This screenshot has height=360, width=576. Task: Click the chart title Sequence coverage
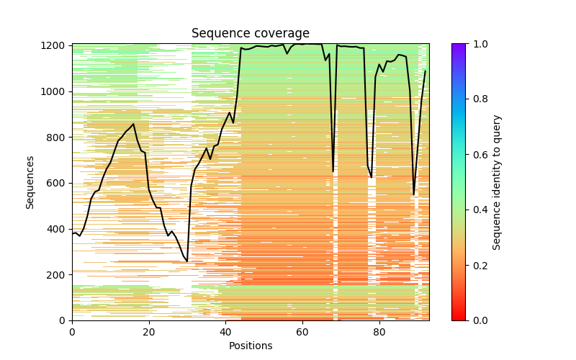click(250, 34)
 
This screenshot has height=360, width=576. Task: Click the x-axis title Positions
click(250, 346)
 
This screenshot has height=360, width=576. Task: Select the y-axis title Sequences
click(30, 182)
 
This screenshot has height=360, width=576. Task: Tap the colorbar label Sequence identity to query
click(497, 182)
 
